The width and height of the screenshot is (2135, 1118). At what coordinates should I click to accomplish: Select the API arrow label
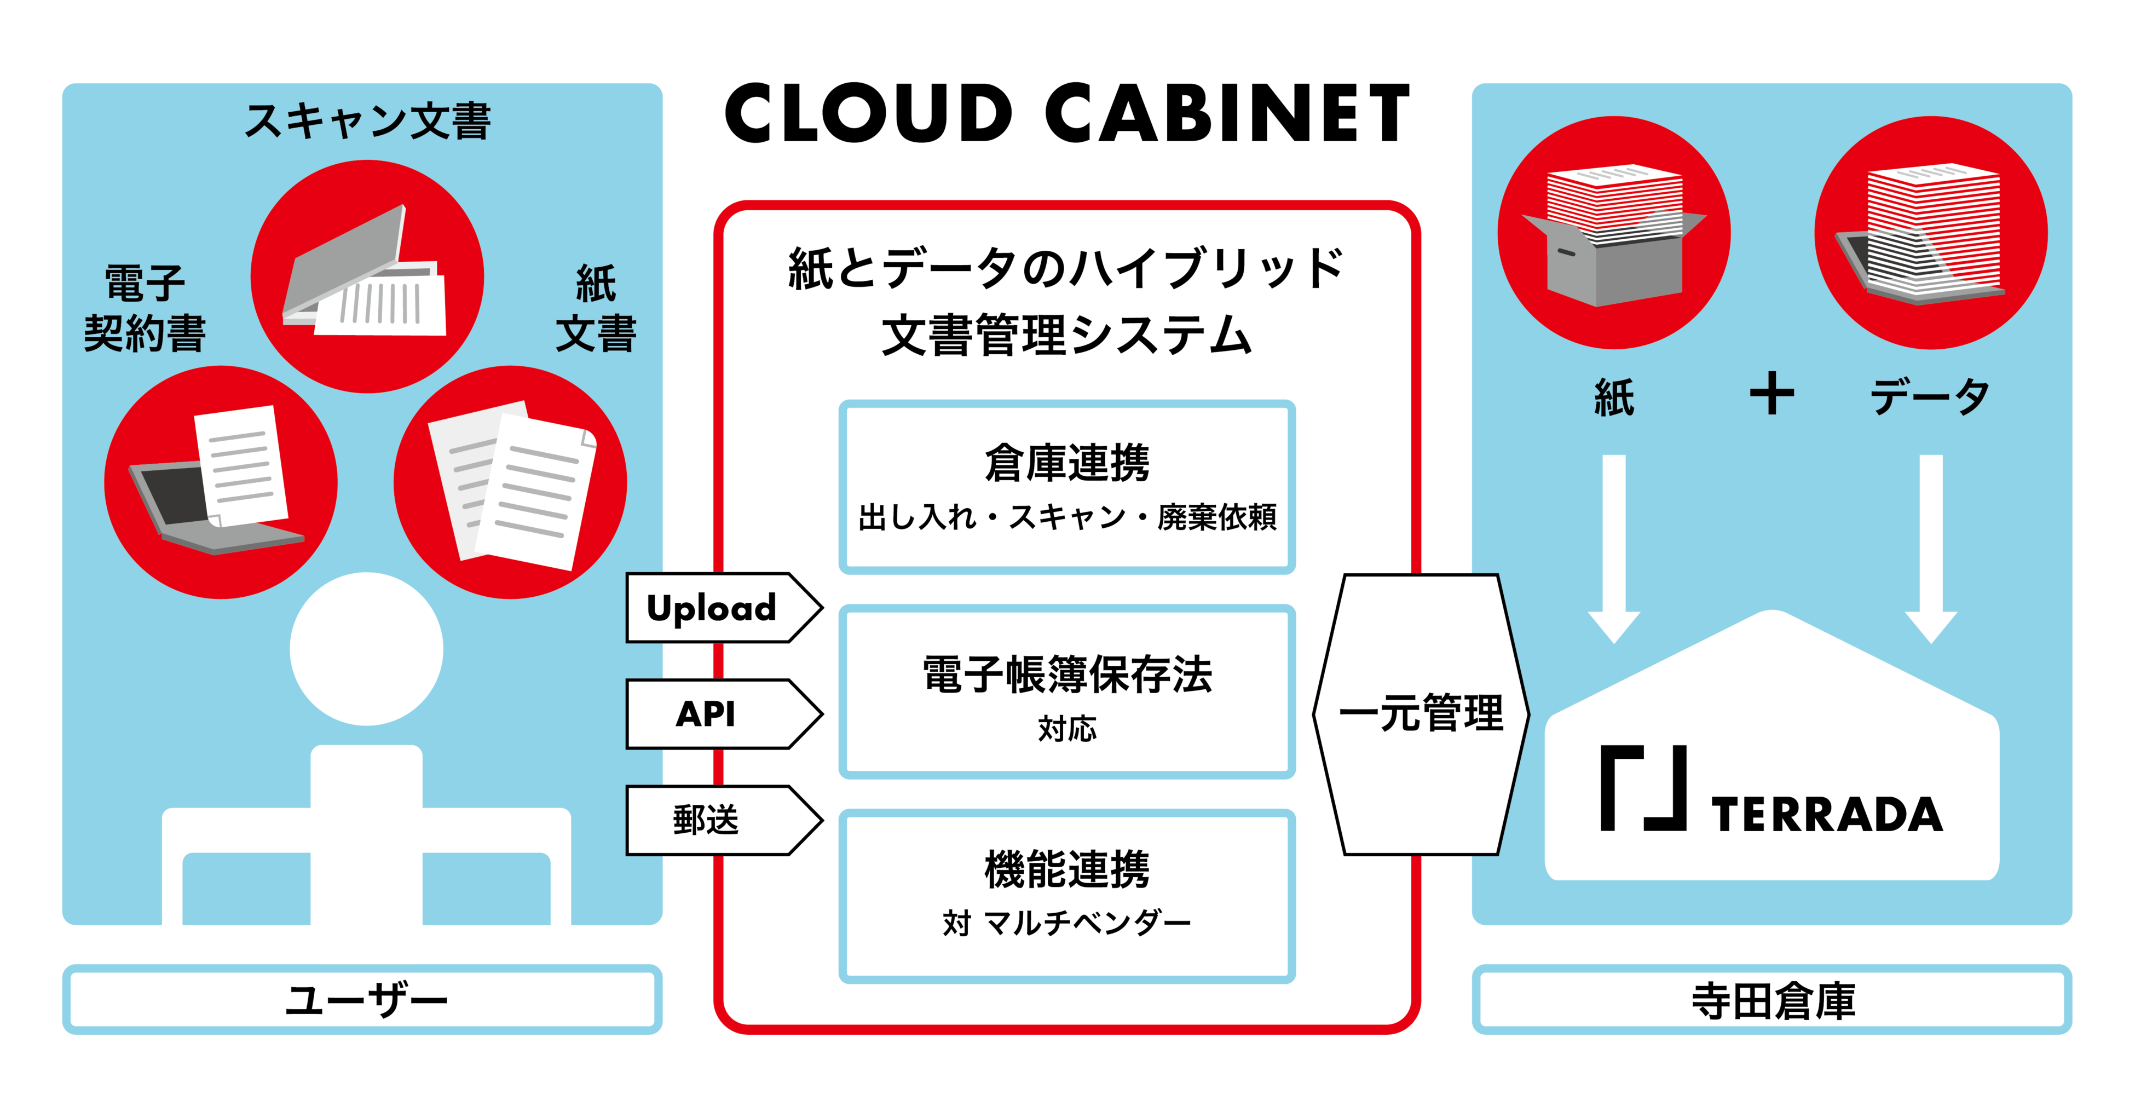(x=706, y=713)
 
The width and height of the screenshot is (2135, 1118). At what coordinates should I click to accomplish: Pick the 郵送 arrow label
(x=706, y=821)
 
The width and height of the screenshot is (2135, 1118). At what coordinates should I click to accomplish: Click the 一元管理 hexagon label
(x=1421, y=713)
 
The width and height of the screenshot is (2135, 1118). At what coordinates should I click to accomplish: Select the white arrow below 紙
(x=1614, y=547)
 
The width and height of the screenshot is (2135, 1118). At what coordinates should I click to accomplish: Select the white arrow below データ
(x=1931, y=547)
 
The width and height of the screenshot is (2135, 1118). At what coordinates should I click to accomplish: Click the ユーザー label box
(x=362, y=1000)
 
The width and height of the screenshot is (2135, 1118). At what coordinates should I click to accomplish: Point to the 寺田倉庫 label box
(x=1772, y=1000)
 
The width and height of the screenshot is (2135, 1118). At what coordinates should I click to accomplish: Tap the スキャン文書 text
(x=367, y=121)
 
